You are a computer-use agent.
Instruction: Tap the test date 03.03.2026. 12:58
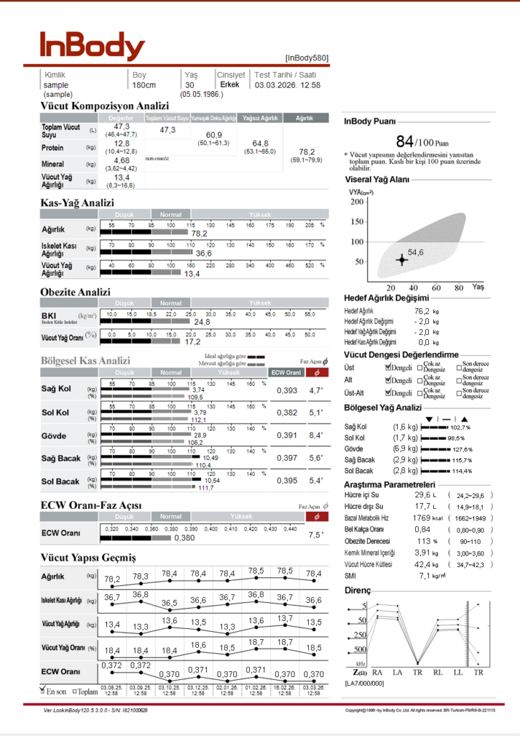(x=287, y=85)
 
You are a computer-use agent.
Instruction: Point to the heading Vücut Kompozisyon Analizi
(x=104, y=106)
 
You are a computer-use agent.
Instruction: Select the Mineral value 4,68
(x=121, y=160)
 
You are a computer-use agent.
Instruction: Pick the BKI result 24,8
(x=202, y=321)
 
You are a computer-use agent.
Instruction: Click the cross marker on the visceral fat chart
(x=401, y=259)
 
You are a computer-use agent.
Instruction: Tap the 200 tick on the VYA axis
(x=356, y=201)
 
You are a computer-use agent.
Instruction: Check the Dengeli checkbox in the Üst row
(x=388, y=368)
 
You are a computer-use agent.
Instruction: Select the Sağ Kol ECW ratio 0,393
(x=287, y=390)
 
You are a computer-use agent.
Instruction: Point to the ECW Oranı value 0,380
(x=185, y=538)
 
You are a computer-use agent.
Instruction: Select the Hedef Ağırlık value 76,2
(x=422, y=311)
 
